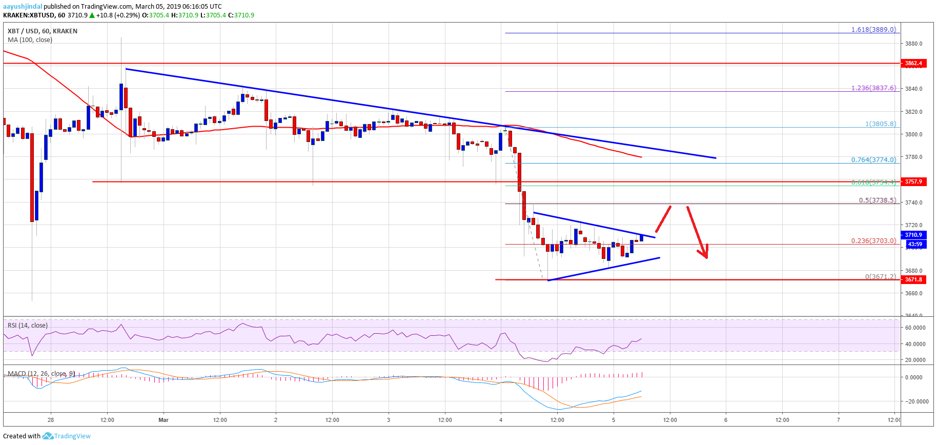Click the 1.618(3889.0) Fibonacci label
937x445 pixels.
point(873,30)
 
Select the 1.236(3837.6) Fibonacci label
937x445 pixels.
point(873,88)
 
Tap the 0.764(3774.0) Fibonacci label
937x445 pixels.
point(873,160)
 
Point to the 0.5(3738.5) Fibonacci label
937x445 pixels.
point(877,200)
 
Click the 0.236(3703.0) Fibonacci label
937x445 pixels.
point(873,240)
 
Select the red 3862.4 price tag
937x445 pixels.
point(913,64)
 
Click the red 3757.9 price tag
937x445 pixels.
point(913,181)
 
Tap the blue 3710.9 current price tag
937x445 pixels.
point(913,235)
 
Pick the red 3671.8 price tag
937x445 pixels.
point(913,279)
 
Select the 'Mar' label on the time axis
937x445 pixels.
point(164,420)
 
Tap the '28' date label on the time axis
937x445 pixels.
point(51,420)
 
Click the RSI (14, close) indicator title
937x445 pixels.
point(28,326)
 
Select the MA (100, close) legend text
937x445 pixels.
point(30,40)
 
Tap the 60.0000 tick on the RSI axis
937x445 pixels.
point(915,328)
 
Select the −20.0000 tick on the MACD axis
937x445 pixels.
point(915,401)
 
